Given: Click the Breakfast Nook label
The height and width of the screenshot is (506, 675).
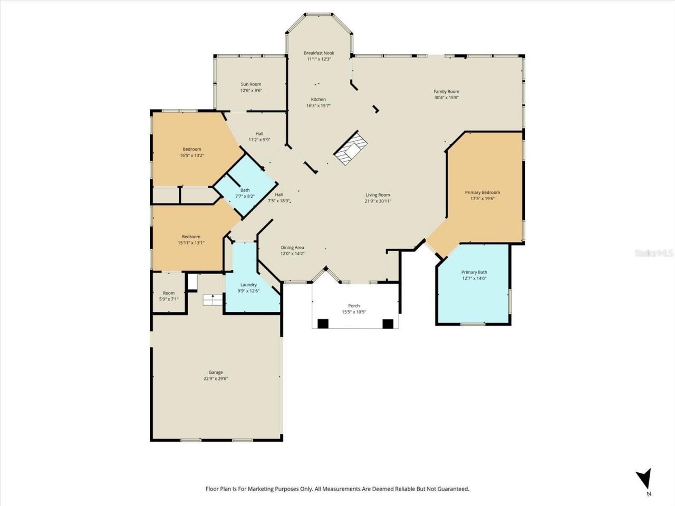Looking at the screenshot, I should coord(319,53).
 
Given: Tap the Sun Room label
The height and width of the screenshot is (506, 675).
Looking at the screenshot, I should coord(251,84).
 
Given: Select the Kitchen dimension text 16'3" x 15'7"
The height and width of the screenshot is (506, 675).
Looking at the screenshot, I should coord(319,105).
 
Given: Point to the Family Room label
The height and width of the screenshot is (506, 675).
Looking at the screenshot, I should coord(446,91).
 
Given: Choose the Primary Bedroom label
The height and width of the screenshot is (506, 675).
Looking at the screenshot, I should coord(482,192).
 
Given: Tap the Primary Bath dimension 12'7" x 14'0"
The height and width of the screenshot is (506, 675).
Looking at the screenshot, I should coord(474,278).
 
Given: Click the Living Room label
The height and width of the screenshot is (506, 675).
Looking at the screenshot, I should coord(378,195).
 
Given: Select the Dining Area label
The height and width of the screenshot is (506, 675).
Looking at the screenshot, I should coord(292,247).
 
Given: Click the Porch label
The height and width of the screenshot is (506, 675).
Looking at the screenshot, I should coord(354,306).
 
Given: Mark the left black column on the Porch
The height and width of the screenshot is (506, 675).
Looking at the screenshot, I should coord(321,324).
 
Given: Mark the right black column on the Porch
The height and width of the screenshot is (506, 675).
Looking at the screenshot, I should coord(388,324).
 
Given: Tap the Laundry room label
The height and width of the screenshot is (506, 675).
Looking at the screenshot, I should coord(248,285).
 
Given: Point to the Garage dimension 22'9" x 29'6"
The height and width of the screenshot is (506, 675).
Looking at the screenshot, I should coord(216,378).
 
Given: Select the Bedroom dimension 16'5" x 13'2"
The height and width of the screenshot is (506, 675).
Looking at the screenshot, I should coord(192,155).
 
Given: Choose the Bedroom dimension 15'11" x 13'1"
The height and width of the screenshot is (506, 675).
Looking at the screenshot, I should coord(191,243).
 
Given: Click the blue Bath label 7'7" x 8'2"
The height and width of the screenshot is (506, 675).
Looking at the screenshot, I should coord(245,190).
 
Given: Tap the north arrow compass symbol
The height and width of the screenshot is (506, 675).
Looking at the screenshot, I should coord(643,479).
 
